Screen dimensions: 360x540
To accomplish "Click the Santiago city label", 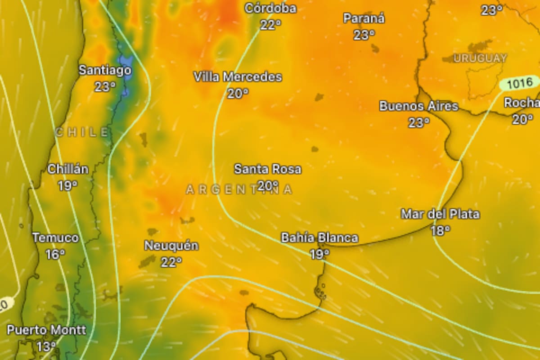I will tap(105, 70).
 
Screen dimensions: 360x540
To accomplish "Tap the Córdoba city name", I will tap(271, 9).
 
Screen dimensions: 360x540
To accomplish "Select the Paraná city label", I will tap(364, 18).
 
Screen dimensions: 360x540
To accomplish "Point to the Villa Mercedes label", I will tap(238, 77).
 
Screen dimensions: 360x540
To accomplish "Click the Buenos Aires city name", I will tap(418, 106).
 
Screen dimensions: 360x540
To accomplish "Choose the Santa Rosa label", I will tap(268, 169).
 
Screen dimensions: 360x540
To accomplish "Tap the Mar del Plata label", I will tap(440, 214).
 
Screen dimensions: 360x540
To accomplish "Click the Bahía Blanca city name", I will tap(319, 238).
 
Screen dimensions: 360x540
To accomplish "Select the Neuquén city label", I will tap(171, 246).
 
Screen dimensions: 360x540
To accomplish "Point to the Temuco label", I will tap(55, 238).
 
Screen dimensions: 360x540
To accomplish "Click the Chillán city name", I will tap(68, 169).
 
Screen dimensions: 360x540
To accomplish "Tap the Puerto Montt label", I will tap(46, 330).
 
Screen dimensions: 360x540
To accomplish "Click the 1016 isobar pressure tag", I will tap(519, 83).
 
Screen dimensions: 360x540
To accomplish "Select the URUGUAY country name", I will tap(480, 58).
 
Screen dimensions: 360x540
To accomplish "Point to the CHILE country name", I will tap(82, 132).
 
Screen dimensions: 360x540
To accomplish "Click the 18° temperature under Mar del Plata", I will tap(440, 231).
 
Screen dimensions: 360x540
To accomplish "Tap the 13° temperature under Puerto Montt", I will tap(46, 346).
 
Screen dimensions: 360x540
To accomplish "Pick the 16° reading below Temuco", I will tap(55, 255).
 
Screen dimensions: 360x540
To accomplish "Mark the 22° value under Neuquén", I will tap(171, 262).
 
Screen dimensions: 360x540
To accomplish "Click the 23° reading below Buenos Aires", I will tap(418, 122).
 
